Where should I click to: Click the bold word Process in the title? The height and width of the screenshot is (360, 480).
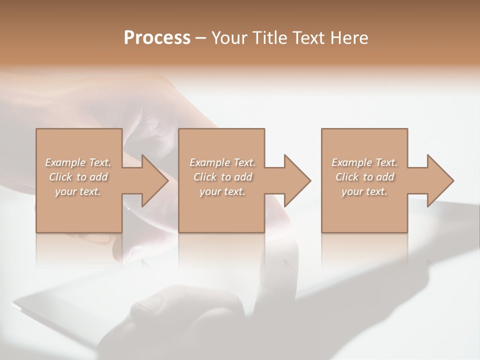pos(157,38)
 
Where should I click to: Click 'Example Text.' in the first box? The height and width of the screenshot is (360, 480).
pos(78,162)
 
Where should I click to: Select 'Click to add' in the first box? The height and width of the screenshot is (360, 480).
pos(78,177)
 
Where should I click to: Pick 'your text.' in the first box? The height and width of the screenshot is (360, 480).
pos(78,191)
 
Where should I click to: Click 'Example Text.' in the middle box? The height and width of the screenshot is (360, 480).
pos(222,162)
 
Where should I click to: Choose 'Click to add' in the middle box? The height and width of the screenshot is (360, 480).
pos(222,177)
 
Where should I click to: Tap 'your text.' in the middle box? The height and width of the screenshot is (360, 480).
pos(222,191)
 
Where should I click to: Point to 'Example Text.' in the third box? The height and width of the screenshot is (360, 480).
pos(364,162)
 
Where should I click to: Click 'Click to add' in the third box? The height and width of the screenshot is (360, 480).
pos(364,177)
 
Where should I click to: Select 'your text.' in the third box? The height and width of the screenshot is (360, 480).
pos(364,191)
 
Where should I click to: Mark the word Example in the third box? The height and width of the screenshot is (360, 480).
pos(352,162)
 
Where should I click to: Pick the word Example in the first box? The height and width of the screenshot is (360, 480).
pos(65,162)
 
